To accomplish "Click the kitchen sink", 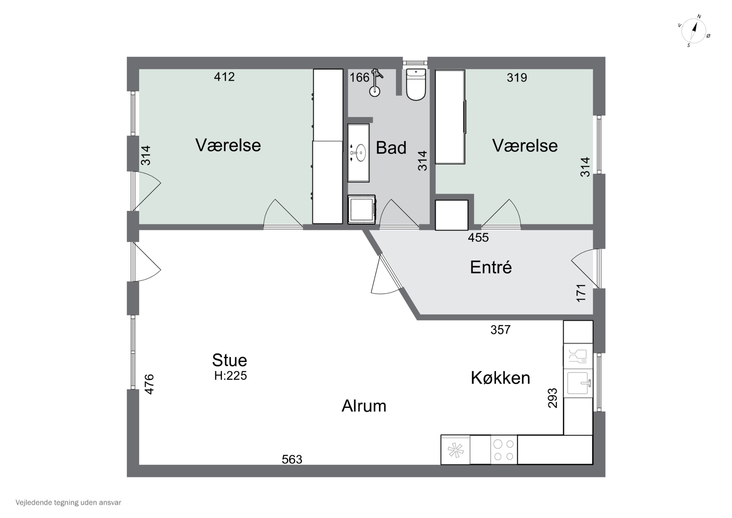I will tap(578, 383).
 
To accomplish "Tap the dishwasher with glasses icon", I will tap(578, 356).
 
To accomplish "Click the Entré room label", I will tap(491, 267).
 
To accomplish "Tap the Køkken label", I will tap(500, 378).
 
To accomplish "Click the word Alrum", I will tap(364, 406).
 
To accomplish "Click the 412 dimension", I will tap(224, 77).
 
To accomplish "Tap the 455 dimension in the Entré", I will tap(478, 237).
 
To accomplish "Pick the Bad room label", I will tap(391, 148).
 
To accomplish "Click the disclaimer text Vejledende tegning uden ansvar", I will tap(68, 502).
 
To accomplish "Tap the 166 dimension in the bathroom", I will tap(359, 78).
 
